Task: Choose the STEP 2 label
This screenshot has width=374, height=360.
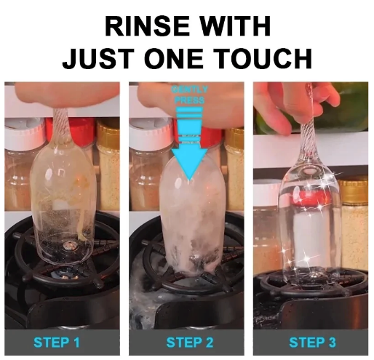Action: (x=187, y=342)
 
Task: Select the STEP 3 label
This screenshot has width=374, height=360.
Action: (x=311, y=342)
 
